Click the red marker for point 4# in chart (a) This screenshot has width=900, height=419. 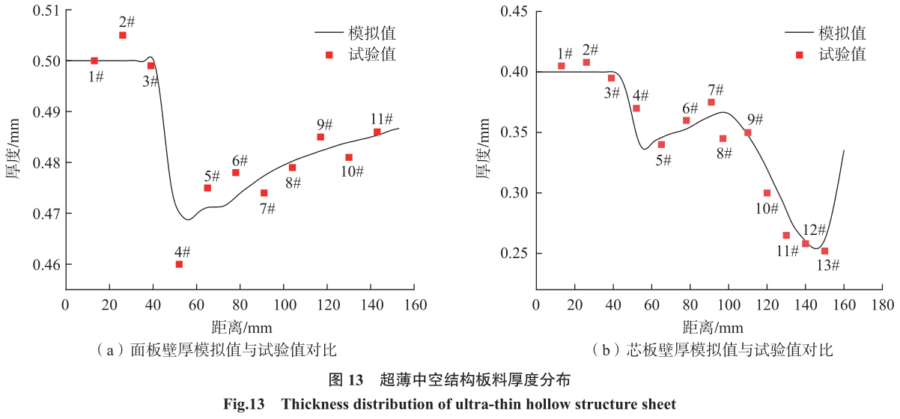[x=179, y=264]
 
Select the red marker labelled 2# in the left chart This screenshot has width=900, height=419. [x=123, y=35]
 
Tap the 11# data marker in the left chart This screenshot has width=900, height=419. [x=377, y=132]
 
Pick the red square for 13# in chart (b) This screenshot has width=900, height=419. [x=825, y=251]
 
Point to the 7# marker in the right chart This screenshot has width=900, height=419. [x=711, y=103]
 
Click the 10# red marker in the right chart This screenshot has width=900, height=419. [x=767, y=193]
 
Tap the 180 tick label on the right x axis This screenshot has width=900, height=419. [x=882, y=306]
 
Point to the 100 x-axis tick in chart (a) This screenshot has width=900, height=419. [x=284, y=306]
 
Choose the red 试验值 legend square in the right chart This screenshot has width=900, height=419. [x=799, y=55]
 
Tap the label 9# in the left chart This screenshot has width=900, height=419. [x=325, y=124]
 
